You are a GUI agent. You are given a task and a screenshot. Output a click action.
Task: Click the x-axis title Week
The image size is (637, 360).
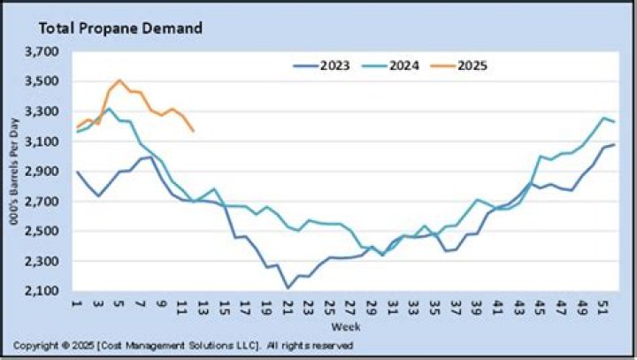pos(339,326)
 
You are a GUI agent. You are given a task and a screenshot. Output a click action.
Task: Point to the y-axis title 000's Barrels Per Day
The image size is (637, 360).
pos(15,172)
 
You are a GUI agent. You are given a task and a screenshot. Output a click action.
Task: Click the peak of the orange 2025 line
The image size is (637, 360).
pos(119,80)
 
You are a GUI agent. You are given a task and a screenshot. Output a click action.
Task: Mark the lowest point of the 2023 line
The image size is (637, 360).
pos(288,288)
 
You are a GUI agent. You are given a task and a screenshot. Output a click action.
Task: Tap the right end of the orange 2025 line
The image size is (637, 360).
pos(193,132)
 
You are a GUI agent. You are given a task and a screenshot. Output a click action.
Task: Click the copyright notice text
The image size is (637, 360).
pos(184,345)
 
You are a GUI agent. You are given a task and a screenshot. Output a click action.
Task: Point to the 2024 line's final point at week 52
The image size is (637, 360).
pos(614,122)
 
